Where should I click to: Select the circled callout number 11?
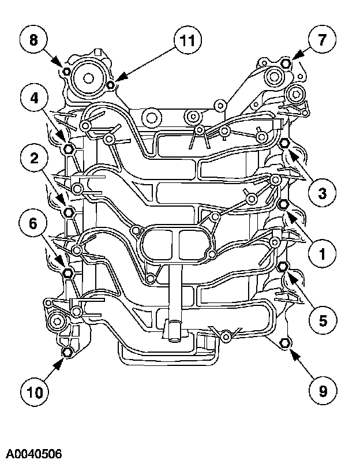click(186, 40)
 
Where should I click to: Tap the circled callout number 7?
click(324, 40)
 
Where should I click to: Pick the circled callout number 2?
click(35, 157)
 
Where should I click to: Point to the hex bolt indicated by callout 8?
click(66, 72)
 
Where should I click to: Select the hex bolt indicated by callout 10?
click(67, 352)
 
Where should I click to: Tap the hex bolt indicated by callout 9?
click(284, 343)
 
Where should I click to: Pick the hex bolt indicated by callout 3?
click(284, 143)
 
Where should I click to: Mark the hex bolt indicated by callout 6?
click(67, 272)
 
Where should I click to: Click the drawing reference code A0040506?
click(35, 453)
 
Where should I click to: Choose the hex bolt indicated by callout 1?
click(284, 205)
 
